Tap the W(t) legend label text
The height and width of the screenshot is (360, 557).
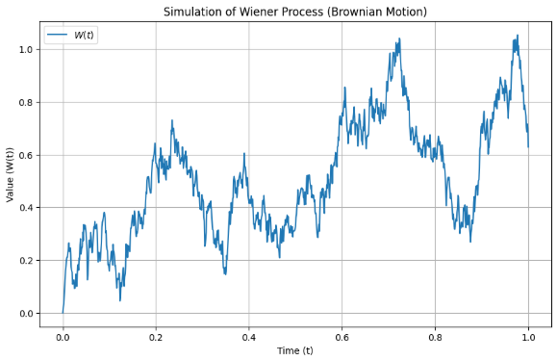tap(84, 35)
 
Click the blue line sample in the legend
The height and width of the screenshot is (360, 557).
tap(57, 35)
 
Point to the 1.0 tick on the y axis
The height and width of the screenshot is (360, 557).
tap(26, 49)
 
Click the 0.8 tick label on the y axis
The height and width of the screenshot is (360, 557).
tap(26, 102)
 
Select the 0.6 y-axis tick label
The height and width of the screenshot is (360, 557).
tap(26, 155)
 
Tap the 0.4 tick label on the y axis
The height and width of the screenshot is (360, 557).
tap(26, 208)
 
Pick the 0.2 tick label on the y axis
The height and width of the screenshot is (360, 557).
tap(26, 261)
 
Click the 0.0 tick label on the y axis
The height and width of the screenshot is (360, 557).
tap(26, 314)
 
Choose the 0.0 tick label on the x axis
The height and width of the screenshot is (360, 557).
tap(63, 337)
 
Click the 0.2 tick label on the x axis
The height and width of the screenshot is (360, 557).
tap(156, 337)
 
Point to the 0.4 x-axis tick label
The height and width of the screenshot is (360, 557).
tap(249, 337)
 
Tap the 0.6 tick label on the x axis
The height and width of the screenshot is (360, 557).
tap(342, 337)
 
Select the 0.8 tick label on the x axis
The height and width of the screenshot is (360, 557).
tap(435, 337)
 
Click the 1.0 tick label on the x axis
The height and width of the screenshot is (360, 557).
tap(528, 337)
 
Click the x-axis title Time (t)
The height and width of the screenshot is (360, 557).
tap(295, 351)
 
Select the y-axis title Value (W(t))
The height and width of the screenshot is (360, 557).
tap(10, 174)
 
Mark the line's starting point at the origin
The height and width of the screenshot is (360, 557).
tap(63, 313)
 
